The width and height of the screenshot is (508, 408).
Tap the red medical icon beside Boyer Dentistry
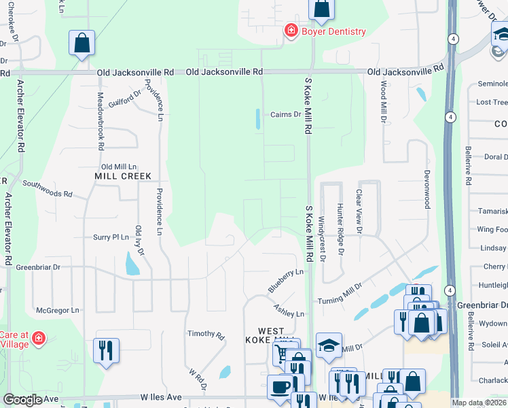click(x=291, y=31)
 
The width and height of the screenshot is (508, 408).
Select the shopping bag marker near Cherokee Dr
click(x=81, y=43)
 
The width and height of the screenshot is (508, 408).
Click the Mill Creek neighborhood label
click(x=122, y=175)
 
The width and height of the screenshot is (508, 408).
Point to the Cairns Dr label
click(x=285, y=114)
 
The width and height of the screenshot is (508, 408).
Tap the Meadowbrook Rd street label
click(x=101, y=121)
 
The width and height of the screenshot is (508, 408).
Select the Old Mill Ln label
click(x=119, y=167)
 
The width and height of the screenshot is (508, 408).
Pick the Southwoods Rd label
click(x=48, y=188)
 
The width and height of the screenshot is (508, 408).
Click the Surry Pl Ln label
click(x=111, y=237)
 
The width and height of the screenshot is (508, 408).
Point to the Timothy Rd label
click(x=206, y=335)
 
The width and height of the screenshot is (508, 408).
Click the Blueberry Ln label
click(x=285, y=281)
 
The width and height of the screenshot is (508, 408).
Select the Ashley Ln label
click(x=289, y=310)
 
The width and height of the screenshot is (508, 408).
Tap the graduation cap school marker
click(x=329, y=345)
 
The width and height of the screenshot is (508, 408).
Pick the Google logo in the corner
click(x=22, y=400)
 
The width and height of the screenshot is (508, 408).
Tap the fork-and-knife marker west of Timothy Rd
click(x=106, y=351)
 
